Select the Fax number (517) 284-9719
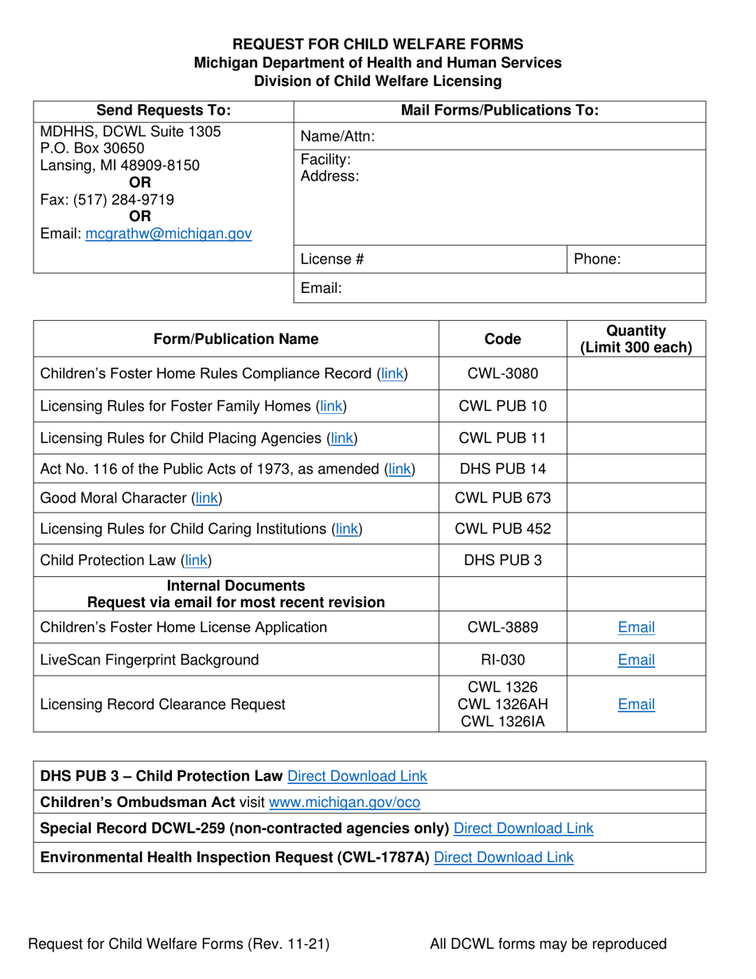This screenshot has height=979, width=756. click(x=107, y=199)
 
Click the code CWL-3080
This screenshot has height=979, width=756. click(x=503, y=373)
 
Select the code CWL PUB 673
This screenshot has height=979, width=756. click(x=503, y=499)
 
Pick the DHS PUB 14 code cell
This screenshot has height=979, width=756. click(x=503, y=470)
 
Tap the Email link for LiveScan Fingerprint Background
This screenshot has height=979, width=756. click(x=636, y=659)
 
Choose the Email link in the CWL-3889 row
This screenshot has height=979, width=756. click(x=636, y=627)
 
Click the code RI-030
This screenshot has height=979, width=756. click(x=503, y=659)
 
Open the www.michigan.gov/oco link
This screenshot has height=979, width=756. click(x=345, y=802)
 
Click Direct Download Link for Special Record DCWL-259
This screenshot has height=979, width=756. click(x=523, y=829)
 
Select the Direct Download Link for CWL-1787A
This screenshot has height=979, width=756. click(x=504, y=857)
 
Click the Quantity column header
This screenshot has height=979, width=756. click(x=636, y=339)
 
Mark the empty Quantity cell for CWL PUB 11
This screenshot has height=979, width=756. click(x=636, y=437)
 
